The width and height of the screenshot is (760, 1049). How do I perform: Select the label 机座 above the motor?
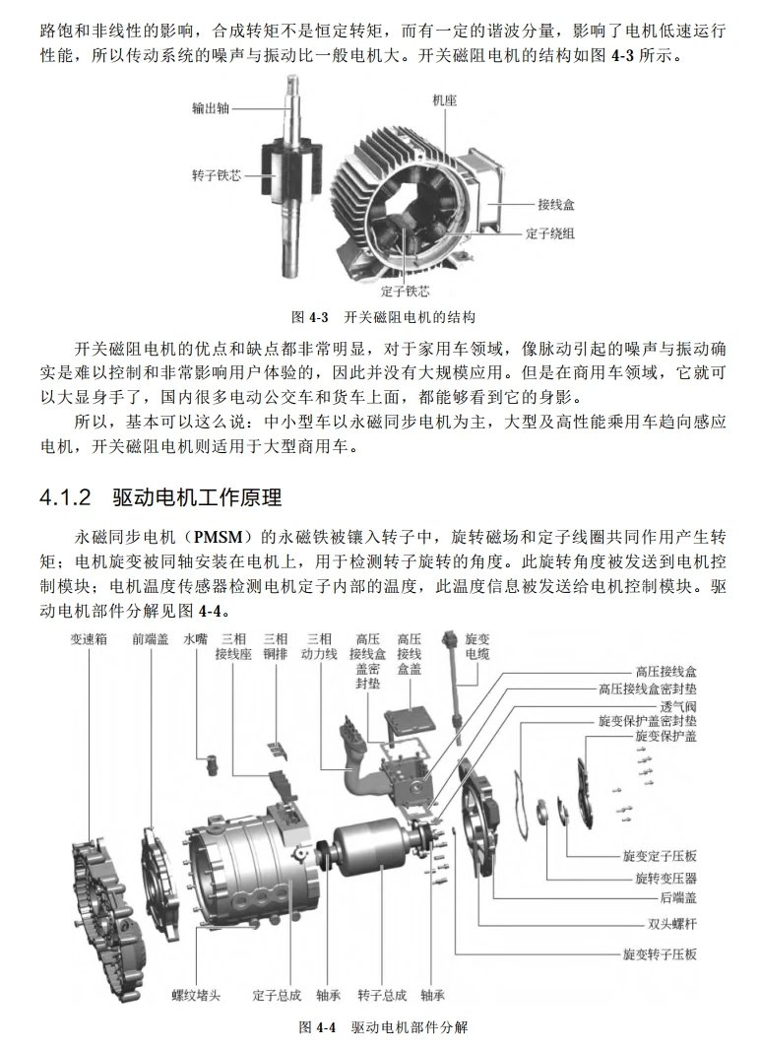444,100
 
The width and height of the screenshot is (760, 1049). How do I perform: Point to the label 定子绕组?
550,233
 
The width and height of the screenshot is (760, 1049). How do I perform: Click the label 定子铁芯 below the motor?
405,291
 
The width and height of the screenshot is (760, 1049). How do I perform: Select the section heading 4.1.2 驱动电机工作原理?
159,496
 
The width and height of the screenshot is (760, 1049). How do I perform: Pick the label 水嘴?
196,638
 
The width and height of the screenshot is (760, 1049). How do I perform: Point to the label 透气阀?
678,706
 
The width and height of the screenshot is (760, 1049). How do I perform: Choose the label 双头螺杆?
666,925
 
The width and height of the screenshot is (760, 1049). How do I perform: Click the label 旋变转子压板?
660,954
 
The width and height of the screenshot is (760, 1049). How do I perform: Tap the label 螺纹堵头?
196,995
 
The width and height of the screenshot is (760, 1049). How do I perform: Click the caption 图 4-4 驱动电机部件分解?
383,1027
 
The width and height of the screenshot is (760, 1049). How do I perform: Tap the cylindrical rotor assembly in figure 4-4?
367,857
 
